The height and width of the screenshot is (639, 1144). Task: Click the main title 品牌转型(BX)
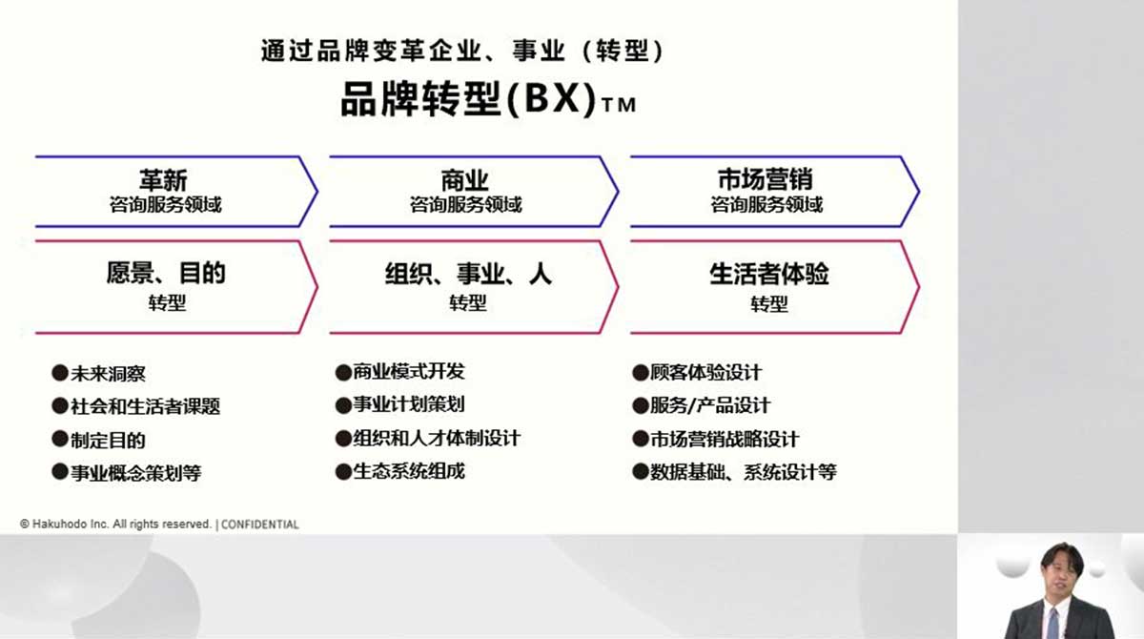pos(468,99)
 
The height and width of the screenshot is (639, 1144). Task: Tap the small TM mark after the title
pos(619,105)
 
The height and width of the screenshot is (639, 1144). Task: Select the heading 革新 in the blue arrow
pos(163,180)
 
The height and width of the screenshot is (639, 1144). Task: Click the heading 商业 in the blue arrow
pos(465,180)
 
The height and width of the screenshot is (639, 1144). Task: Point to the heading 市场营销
pos(766,179)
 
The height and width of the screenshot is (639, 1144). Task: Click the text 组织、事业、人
pos(468,274)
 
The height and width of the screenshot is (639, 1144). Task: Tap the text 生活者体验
pos(768,274)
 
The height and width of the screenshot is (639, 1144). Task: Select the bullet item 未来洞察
pos(108,374)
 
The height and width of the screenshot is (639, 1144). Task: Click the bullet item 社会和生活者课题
pos(146,406)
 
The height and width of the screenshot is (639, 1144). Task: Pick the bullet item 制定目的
pos(108,441)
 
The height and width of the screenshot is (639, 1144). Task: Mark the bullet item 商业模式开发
pos(409,371)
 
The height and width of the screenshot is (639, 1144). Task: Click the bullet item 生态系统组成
pos(409,471)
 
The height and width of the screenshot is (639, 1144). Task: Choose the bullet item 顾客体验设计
pos(705,372)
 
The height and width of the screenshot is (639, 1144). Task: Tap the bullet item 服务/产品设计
pos(710,405)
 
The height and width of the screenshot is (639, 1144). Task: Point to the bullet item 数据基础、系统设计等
pos(743,472)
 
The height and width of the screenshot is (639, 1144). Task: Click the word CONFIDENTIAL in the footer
pos(260,525)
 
